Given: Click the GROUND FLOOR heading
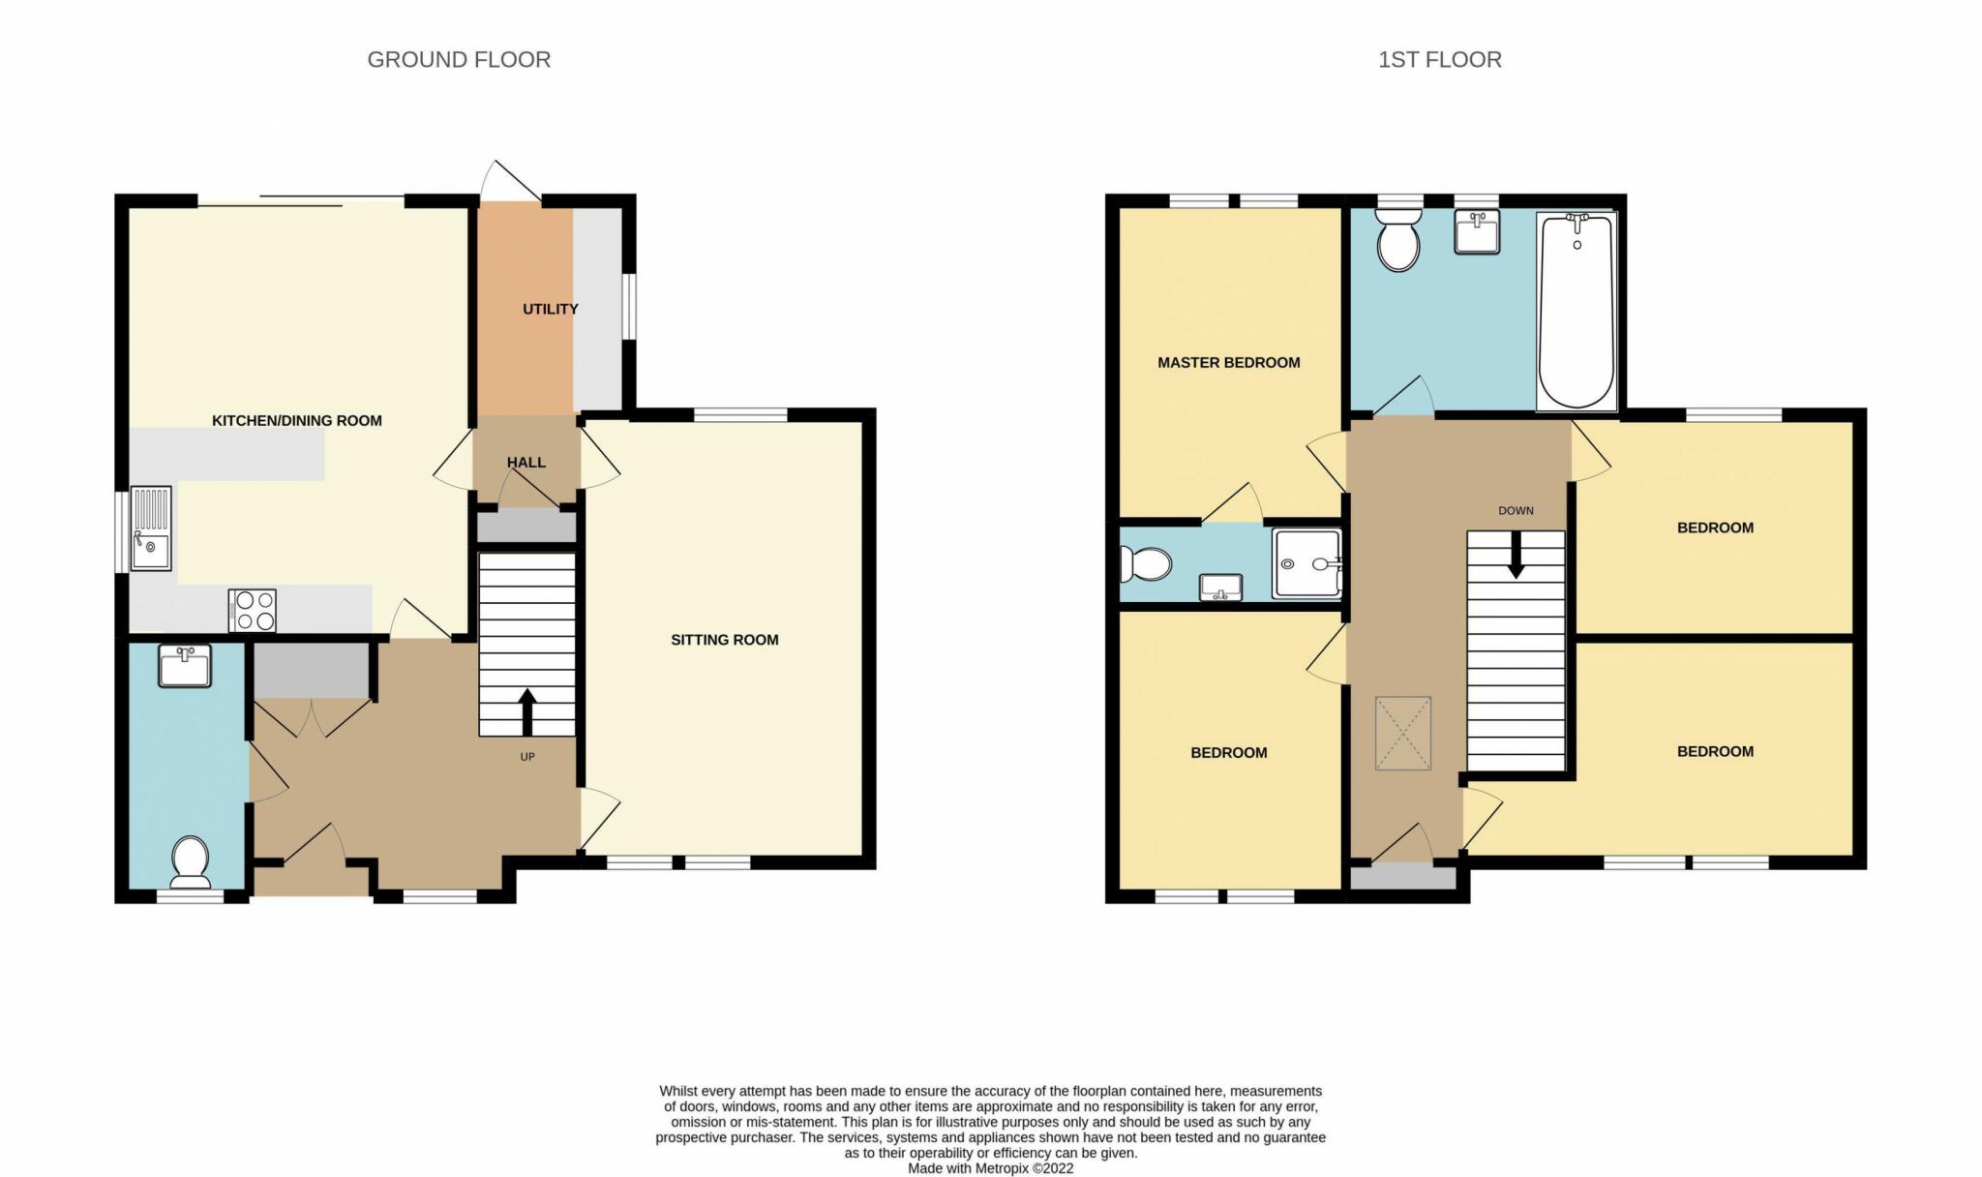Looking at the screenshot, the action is coord(459,60).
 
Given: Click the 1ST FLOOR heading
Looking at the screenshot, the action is coord(1440,60).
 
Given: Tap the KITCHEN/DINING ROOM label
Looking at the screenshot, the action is coord(297,421).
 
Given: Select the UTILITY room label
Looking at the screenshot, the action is coord(551,309).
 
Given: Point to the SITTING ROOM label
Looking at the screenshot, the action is coord(725,640).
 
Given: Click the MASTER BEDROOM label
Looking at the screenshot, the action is coord(1229,363).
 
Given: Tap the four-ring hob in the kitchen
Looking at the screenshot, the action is coord(253,611).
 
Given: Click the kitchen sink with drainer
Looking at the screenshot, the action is coord(151,528).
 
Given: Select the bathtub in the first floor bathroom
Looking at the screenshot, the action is coord(1577,311).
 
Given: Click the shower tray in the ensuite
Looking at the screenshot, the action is coord(1306,563).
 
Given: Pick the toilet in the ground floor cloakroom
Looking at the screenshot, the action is coord(191,862).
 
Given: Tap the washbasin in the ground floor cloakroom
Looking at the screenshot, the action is coord(184,666).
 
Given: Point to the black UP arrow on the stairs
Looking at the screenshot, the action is coord(527,712).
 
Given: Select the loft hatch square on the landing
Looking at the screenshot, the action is coord(1403,734).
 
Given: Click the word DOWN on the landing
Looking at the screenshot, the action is coord(1517,511).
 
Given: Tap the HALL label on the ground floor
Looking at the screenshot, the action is coord(526,463).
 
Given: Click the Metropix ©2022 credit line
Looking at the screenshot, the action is coord(991,1168).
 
